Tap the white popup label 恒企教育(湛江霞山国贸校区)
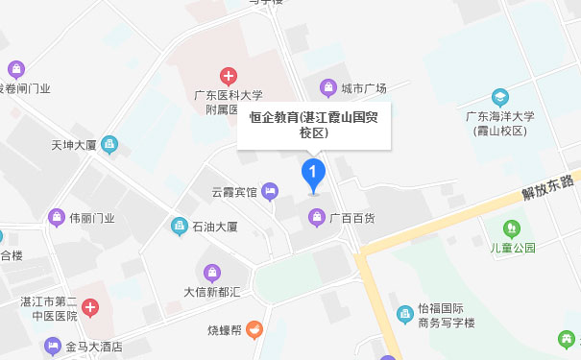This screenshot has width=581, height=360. tap(314, 125)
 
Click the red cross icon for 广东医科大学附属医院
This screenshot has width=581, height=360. tap(229, 75)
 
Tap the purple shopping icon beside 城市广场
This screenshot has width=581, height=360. tap(329, 87)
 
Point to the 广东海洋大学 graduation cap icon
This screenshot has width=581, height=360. tap(500, 97)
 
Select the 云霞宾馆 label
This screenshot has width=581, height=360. tap(234, 192)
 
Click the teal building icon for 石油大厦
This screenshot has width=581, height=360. tap(179, 227)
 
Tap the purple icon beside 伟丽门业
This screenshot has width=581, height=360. tap(55, 218)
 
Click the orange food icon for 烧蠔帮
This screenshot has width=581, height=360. tap(254, 329)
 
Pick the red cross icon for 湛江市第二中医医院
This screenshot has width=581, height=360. tap(89, 308)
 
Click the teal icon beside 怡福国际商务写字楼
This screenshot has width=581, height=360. tap(406, 315)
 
